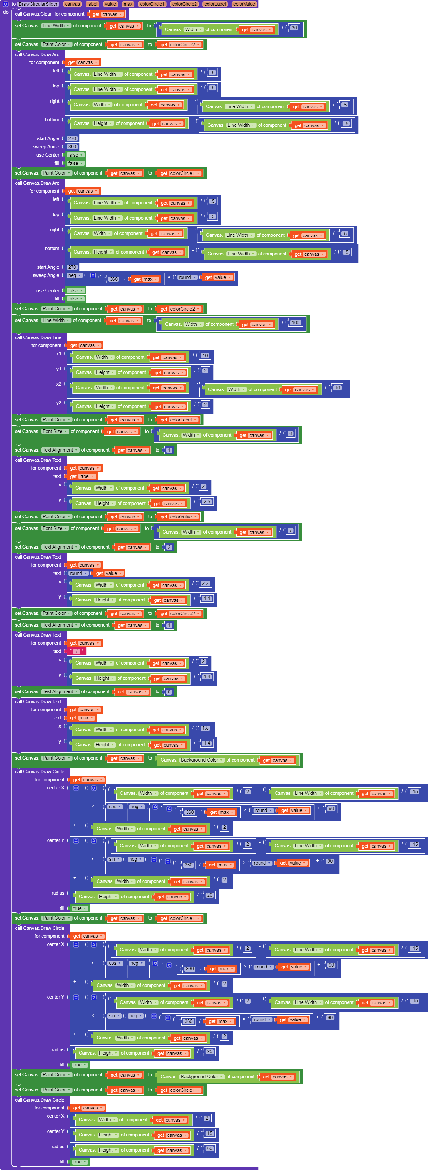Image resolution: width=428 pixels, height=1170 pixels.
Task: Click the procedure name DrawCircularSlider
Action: click(x=38, y=4)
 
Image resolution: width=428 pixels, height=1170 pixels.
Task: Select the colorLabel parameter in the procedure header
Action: click(x=215, y=4)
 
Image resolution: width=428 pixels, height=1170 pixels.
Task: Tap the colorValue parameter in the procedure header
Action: click(x=244, y=4)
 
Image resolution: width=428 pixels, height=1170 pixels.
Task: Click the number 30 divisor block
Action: click(x=294, y=28)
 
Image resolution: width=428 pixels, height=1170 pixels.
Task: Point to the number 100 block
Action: click(x=296, y=323)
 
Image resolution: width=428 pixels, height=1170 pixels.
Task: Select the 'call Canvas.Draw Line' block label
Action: click(x=38, y=337)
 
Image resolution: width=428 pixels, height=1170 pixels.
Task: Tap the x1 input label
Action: click(x=59, y=354)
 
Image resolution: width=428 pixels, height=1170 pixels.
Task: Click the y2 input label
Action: click(x=59, y=403)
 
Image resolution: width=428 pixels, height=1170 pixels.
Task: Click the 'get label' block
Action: click(x=82, y=476)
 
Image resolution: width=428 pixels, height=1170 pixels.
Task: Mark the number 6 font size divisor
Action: click(x=291, y=433)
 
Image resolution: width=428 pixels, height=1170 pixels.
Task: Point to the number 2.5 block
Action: click(x=207, y=501)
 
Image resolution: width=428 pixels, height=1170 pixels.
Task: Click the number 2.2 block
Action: click(x=205, y=583)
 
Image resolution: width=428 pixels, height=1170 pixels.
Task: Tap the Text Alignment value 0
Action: click(x=169, y=692)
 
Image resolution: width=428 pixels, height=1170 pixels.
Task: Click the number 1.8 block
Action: click(x=205, y=728)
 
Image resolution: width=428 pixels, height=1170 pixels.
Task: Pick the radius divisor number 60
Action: click(x=209, y=1148)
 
